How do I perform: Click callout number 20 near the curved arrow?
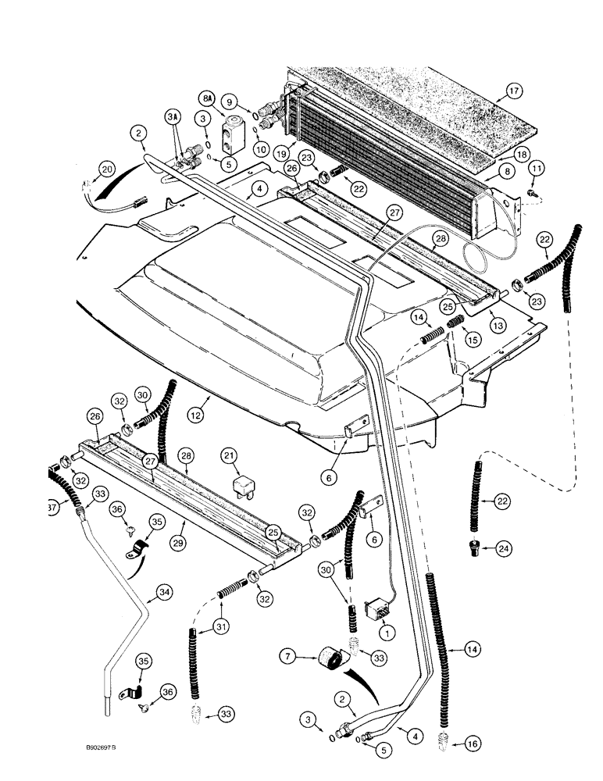click(107, 168)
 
